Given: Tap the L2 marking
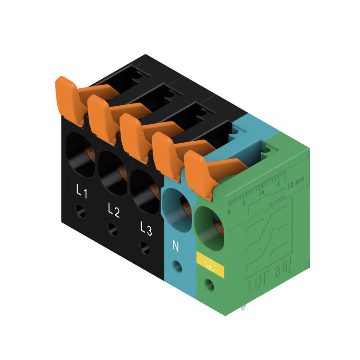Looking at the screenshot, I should [x=114, y=210].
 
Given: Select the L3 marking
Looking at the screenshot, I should [x=145, y=228].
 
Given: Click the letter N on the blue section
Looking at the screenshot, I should [x=175, y=246].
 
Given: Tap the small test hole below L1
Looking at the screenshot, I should [x=81, y=211].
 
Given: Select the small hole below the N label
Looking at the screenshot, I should [x=177, y=266].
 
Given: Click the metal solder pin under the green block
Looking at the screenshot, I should [x=243, y=309].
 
